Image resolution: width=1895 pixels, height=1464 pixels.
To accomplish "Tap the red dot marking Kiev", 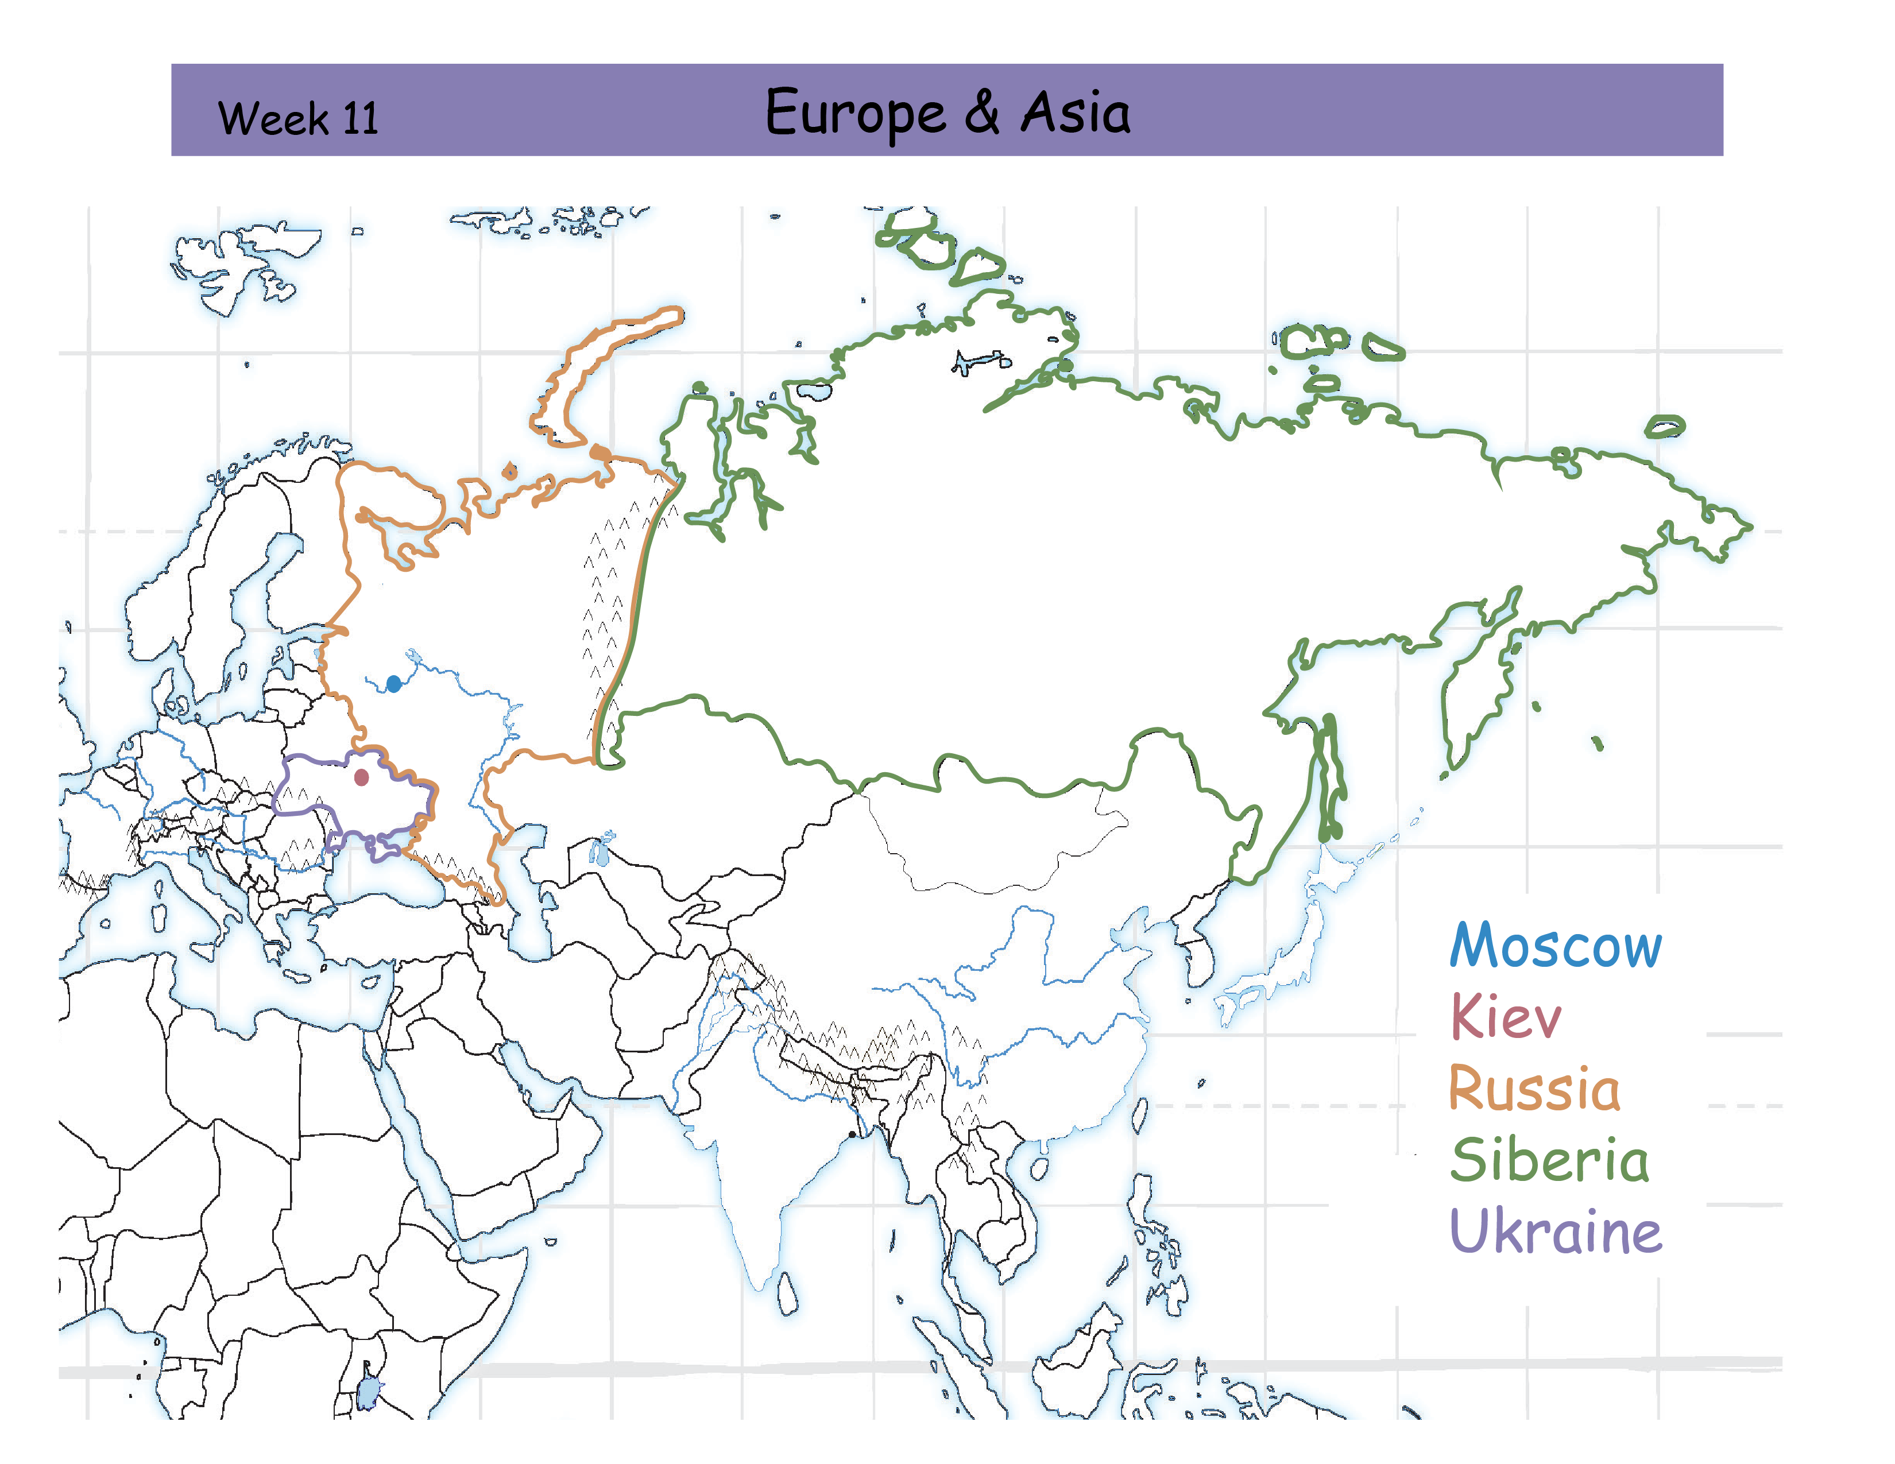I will pos(362,777).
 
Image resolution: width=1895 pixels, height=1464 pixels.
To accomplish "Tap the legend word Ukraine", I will pos(1556,1231).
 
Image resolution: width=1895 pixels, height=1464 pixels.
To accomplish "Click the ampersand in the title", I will pos(981,113).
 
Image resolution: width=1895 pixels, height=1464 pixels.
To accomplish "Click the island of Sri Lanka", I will pos(787,1293).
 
